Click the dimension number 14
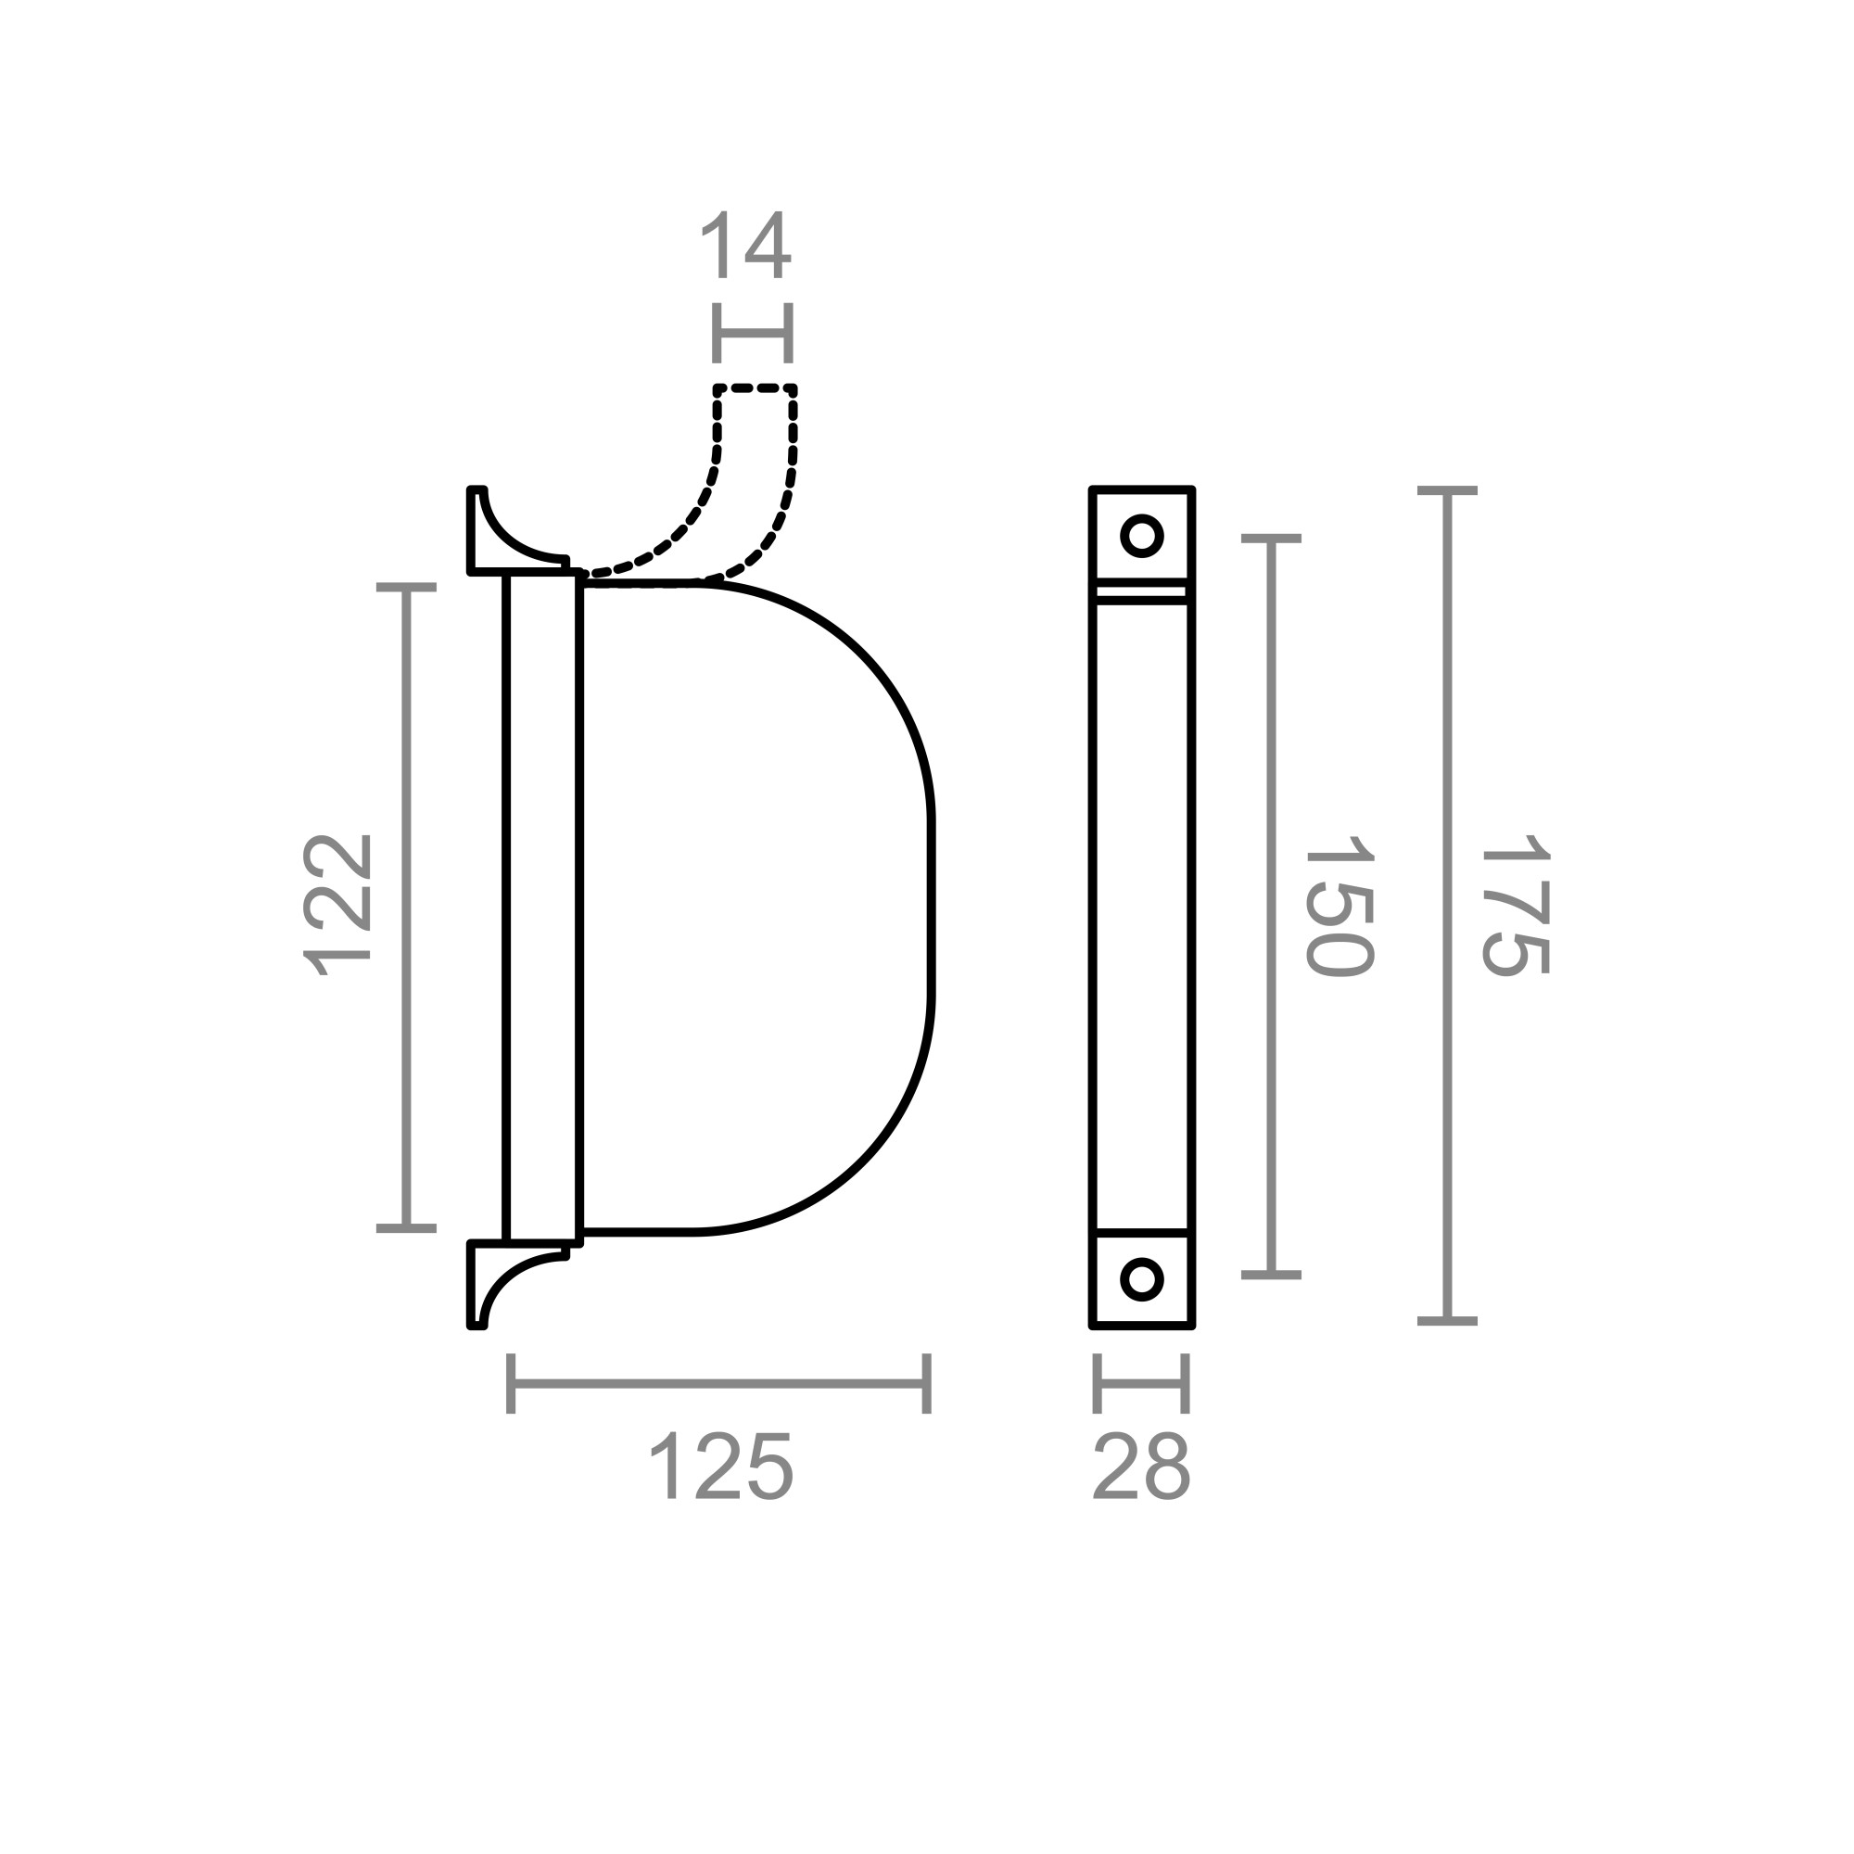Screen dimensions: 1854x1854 [x=745, y=246]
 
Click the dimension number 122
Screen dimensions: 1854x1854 [x=337, y=906]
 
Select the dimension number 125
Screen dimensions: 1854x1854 [x=720, y=1467]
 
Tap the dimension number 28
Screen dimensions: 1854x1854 [x=1141, y=1467]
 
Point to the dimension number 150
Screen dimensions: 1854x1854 [x=1340, y=906]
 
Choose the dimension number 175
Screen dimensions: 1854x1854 [x=1516, y=906]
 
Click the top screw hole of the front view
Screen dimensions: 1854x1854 [x=1142, y=536]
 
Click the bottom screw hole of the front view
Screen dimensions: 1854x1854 [x=1142, y=1278]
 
